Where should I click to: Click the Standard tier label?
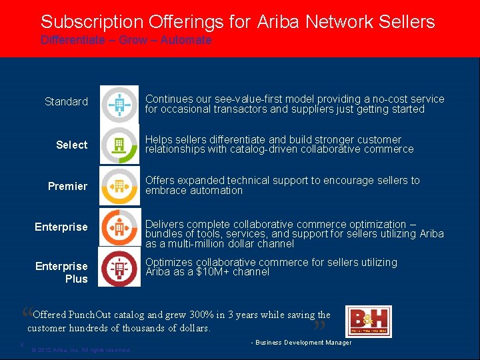[x=66, y=101]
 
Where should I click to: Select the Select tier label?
[x=71, y=145]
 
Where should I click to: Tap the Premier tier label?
[x=67, y=186]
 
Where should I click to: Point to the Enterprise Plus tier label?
[x=61, y=273]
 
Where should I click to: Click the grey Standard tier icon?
[x=120, y=104]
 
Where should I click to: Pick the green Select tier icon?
[x=120, y=145]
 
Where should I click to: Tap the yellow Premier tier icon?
[x=120, y=186]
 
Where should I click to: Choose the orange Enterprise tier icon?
[x=120, y=227]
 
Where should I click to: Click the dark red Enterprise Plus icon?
[x=120, y=267]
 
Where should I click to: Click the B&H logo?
[x=369, y=321]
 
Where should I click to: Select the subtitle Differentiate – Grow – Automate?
[x=126, y=40]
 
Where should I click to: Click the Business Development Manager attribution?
[x=301, y=343]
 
